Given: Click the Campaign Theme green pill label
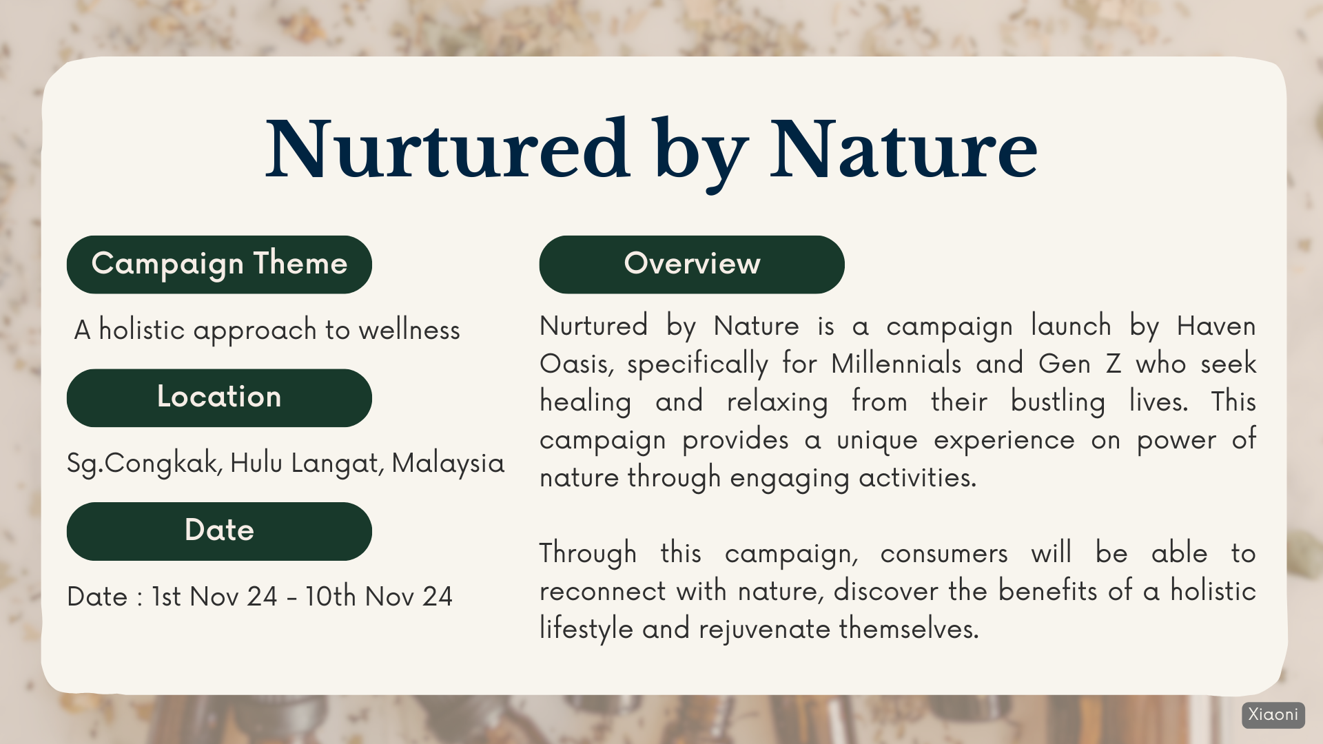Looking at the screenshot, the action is [x=219, y=265].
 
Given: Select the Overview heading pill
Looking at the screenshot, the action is [x=692, y=265].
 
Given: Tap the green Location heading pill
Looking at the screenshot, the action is [x=219, y=398].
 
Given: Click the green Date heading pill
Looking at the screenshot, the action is [x=219, y=531].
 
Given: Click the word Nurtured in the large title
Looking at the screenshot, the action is [x=448, y=149].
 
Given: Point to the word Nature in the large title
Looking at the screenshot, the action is [x=903, y=149].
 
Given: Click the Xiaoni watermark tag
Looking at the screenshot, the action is [x=1273, y=715].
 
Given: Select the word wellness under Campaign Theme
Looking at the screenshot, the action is [x=409, y=330].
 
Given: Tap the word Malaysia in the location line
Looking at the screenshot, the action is [x=448, y=463].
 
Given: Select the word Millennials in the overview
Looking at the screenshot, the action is [x=896, y=364].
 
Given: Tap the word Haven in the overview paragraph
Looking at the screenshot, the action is [x=1216, y=326].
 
